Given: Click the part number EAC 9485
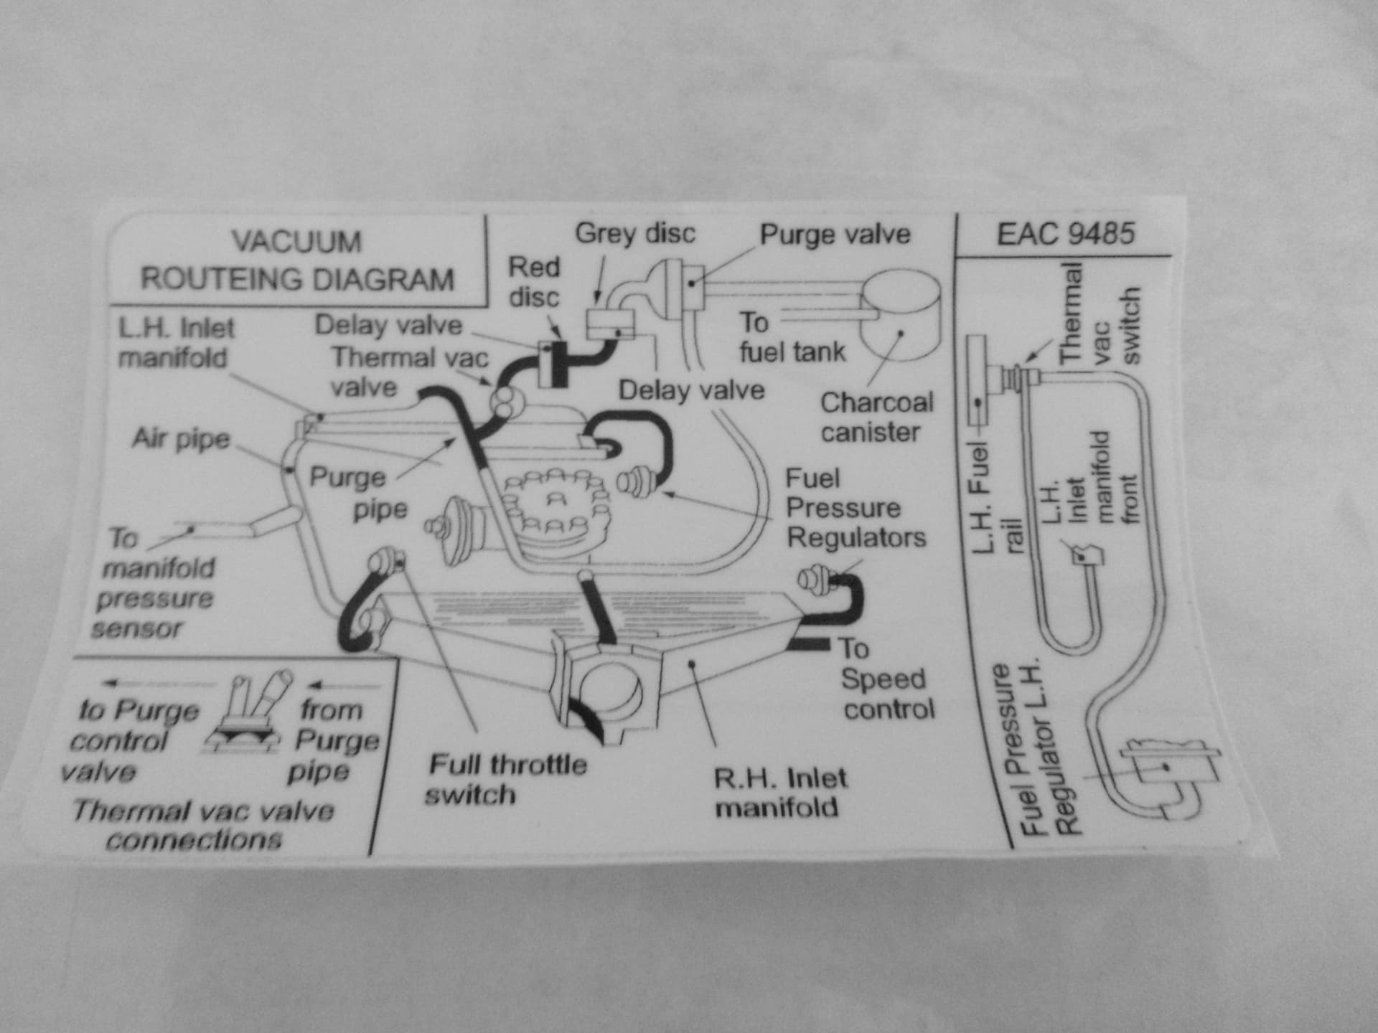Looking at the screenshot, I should click(1065, 234).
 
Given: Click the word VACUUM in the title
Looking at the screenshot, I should click(296, 242).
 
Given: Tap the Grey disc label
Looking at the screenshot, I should click(635, 233).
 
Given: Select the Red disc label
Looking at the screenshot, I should click(534, 282).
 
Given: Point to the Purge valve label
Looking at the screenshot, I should click(835, 235).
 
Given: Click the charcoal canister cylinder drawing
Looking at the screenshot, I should click(901, 316).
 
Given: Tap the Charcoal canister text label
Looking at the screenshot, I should click(876, 418).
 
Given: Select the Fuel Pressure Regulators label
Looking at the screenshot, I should click(855, 508).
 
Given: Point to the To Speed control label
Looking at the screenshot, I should click(886, 679).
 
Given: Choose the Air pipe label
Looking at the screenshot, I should click(181, 438).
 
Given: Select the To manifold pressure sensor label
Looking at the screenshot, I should click(154, 583).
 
